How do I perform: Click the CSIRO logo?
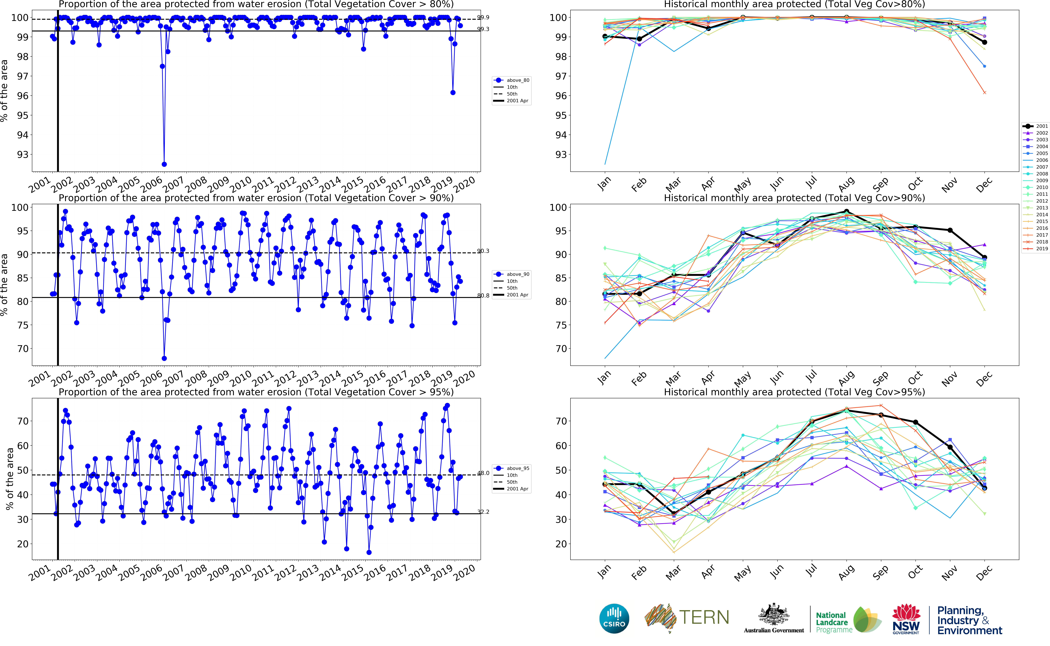[614, 618]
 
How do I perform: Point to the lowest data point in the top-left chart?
[164, 164]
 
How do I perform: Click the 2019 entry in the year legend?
[1042, 249]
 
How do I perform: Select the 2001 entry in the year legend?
[1042, 126]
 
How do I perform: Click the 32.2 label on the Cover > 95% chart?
[483, 512]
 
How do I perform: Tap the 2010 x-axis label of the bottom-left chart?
[240, 572]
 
